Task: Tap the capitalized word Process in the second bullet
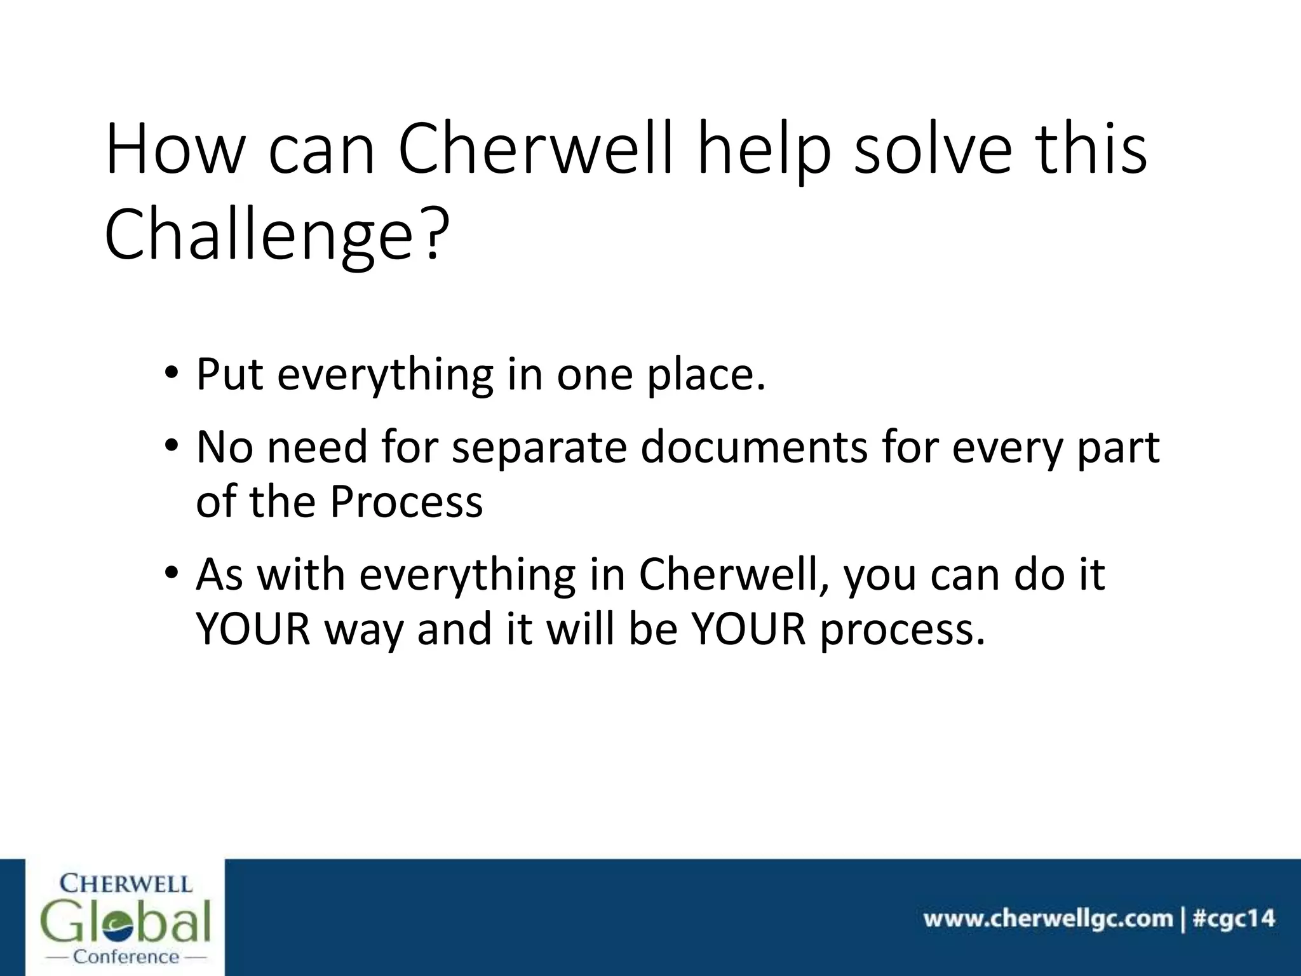[407, 501]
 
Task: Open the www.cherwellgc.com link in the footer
[1048, 918]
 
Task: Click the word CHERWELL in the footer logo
[126, 883]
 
